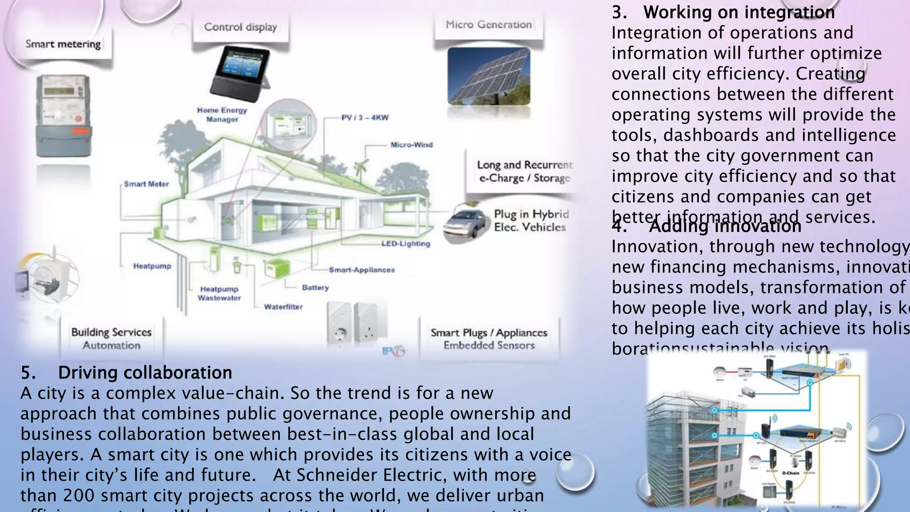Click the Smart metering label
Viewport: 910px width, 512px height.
[63, 44]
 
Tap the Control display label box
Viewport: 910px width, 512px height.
[240, 27]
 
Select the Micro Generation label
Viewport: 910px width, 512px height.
[489, 25]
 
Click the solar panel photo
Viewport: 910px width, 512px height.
[489, 76]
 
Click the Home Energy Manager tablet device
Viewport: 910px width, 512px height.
[240, 75]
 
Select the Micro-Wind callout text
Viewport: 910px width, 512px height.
[411, 145]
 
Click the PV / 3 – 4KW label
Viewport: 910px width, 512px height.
[365, 118]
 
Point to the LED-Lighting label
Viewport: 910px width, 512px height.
[406, 244]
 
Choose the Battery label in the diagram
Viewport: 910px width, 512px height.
[315, 288]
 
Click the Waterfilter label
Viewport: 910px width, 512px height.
[283, 307]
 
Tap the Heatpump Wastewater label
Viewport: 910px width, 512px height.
[219, 293]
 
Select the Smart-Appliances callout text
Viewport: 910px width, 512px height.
[362, 270]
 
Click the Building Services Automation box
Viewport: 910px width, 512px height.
[112, 339]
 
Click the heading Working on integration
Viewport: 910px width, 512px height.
[738, 12]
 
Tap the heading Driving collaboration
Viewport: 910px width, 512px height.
[145, 372]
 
